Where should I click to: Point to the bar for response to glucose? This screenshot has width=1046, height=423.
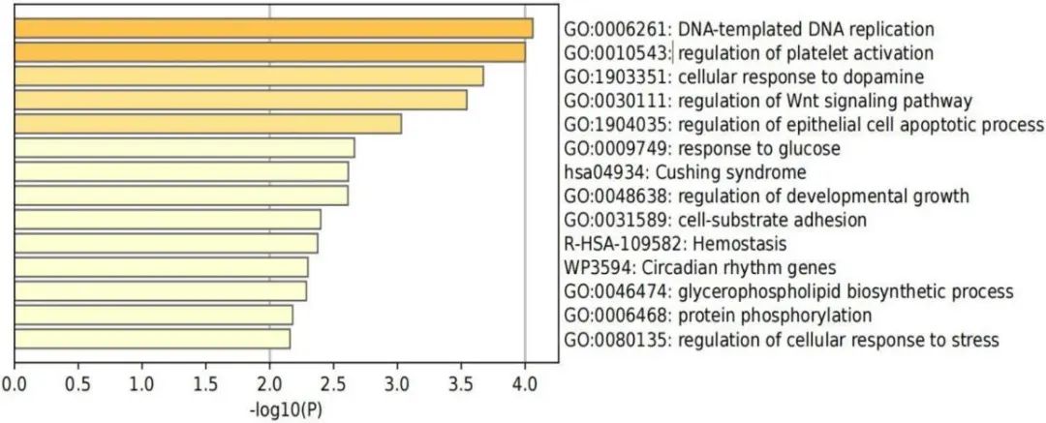point(184,147)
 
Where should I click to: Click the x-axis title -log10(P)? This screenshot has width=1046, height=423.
point(286,409)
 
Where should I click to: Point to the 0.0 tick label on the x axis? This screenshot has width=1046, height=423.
point(15,384)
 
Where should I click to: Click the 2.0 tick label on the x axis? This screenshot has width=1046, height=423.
point(269,384)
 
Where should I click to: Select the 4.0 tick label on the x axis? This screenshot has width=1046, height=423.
point(524,384)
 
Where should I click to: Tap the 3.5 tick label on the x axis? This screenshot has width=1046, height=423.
point(461,384)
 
